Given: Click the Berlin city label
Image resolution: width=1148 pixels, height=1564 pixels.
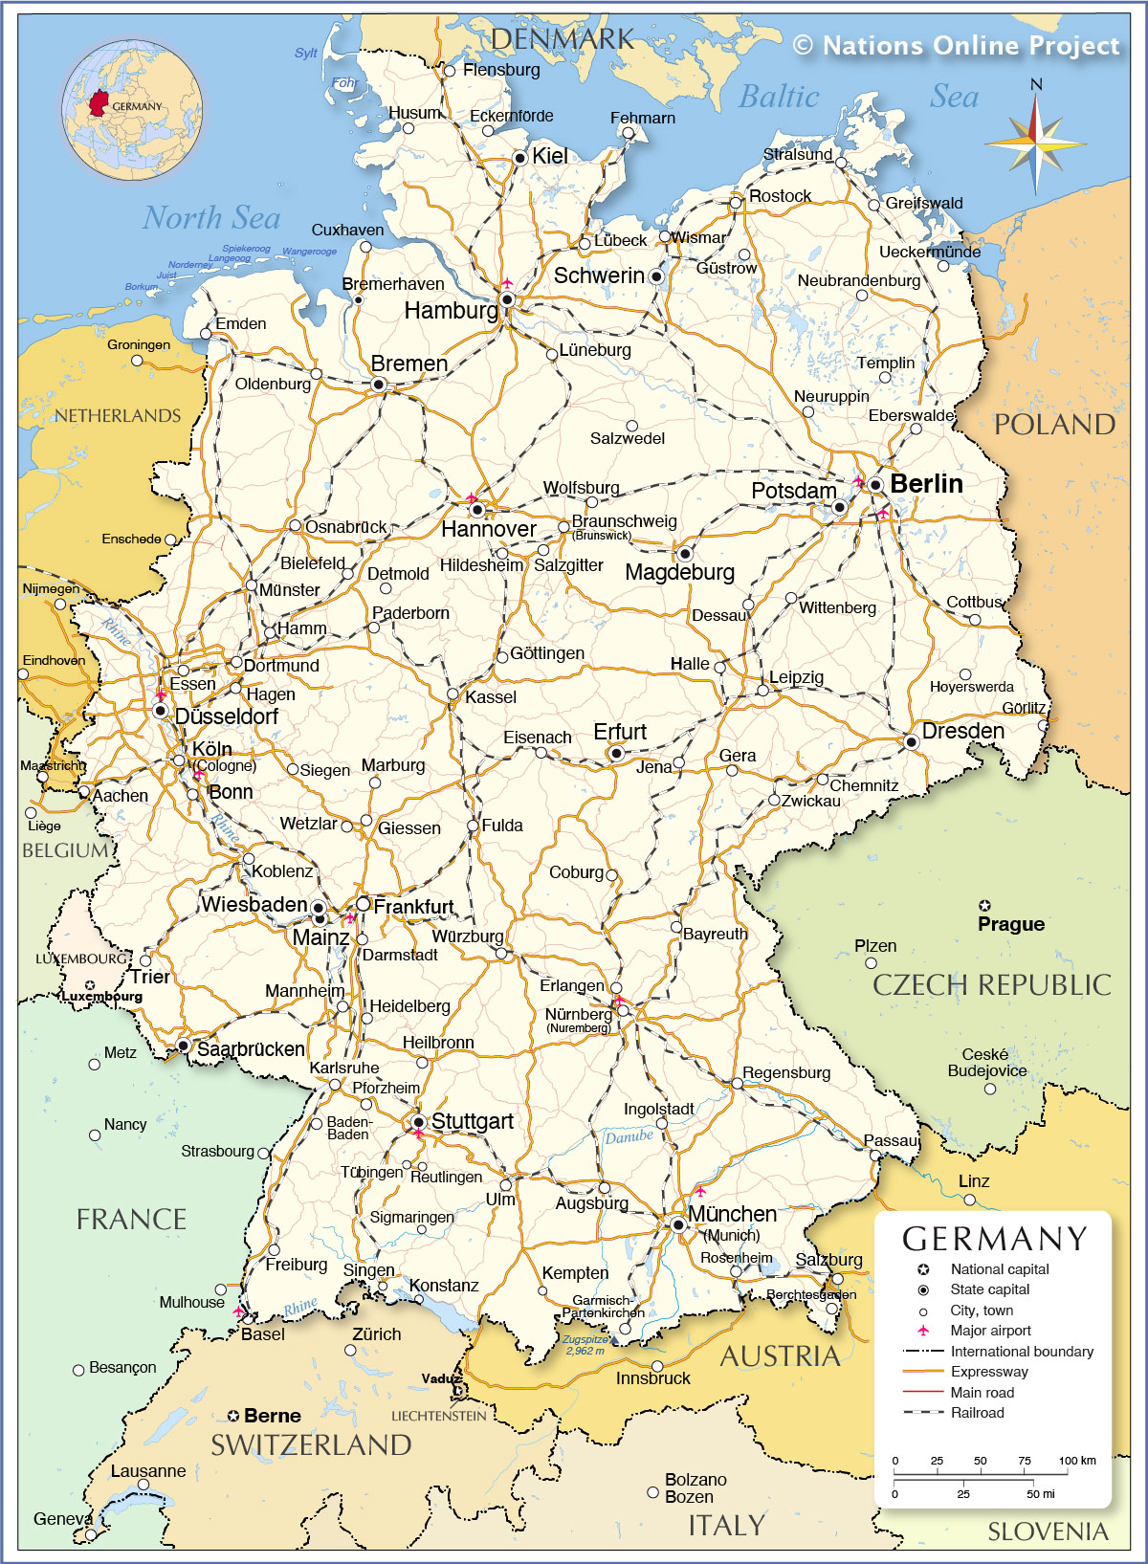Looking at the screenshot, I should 926,484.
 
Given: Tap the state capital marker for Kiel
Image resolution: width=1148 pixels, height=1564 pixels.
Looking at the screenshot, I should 519,157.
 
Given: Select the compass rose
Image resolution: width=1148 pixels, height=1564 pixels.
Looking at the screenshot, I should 1035,144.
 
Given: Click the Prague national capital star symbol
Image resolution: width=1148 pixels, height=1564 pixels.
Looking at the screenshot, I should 985,905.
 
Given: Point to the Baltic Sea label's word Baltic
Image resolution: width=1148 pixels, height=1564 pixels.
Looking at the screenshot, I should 779,97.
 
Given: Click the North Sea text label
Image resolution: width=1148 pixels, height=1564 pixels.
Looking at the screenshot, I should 211,218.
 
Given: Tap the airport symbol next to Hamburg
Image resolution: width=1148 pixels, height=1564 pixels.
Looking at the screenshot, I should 507,283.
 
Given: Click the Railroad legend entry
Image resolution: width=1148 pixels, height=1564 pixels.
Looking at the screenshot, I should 977,1413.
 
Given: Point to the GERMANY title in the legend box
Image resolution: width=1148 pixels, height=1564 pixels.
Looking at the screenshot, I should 995,1239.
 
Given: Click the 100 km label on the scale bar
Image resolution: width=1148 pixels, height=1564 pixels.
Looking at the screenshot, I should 1077,1461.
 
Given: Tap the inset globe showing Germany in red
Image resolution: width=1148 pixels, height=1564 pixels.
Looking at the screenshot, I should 132,111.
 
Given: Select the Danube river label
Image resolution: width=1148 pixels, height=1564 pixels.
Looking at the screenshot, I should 629,1136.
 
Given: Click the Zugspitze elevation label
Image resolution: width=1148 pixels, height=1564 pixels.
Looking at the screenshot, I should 585,1345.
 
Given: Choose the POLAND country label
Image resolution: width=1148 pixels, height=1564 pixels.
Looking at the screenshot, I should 1054,425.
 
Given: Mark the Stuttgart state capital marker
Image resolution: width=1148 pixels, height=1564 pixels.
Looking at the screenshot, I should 418,1122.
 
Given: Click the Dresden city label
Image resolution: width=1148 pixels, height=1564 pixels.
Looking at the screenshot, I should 962,732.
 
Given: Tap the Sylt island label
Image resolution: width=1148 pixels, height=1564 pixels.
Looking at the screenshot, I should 306,54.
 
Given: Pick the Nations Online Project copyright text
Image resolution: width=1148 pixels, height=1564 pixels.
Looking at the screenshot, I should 956,45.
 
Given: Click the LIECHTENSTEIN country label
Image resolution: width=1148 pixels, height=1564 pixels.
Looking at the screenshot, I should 438,1416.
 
